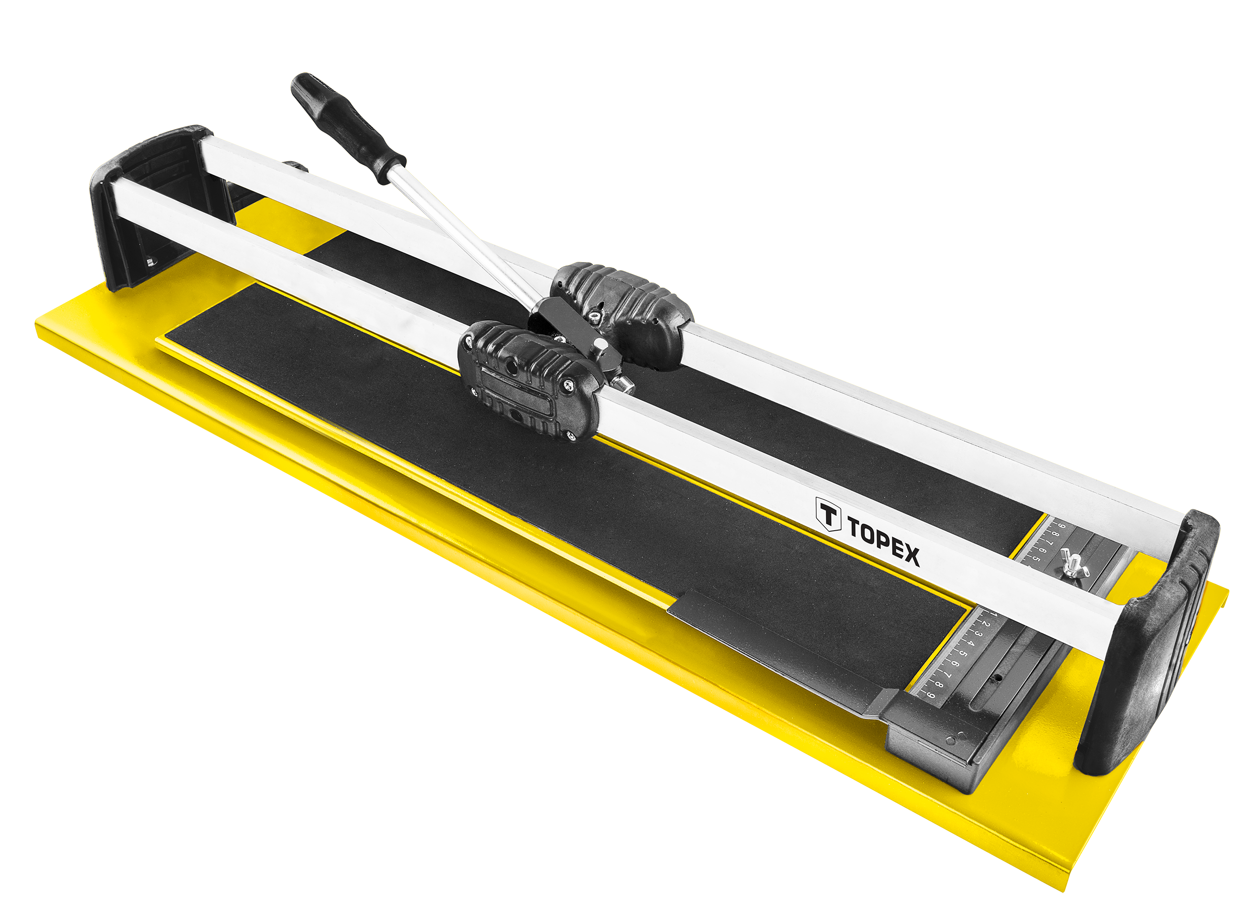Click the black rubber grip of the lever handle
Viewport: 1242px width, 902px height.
coord(347,127)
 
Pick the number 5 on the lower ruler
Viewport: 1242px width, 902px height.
coord(964,652)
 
